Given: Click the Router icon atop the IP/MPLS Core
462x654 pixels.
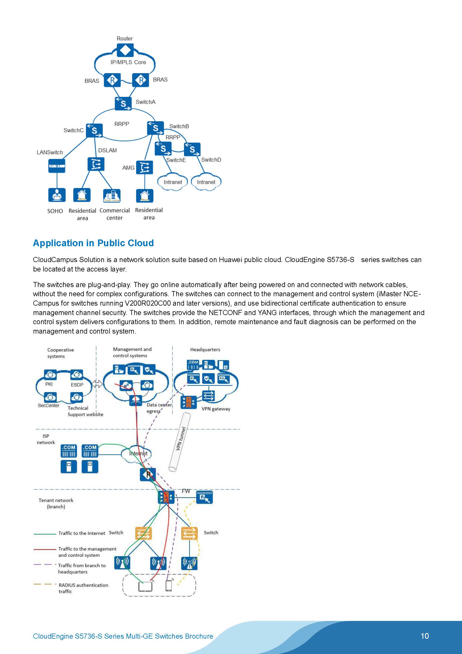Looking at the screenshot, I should pos(125,51).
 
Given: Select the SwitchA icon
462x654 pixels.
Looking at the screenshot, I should pos(123,103).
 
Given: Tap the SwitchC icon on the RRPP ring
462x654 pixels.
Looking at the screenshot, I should pos(94,130).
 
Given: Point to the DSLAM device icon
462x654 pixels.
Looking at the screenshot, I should pos(96,164).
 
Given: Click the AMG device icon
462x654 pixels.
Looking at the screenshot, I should pos(144,167).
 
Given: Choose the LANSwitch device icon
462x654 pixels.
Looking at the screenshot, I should pos(57,166).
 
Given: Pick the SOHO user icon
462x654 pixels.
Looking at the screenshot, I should pos(57,195).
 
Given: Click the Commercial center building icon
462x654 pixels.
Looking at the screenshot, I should pos(111,196).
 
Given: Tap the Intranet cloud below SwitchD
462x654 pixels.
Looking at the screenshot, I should pos(206,182).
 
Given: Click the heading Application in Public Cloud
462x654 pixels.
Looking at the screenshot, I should pos(93,243).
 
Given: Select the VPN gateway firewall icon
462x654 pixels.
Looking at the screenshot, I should pos(188,402).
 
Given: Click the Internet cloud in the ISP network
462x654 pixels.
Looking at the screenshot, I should pos(137,453).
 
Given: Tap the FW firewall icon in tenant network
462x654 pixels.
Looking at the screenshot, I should pos(166,497).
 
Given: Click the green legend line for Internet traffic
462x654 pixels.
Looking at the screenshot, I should pos(45,534).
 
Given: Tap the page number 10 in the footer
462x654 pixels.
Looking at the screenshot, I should pos(424,636).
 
